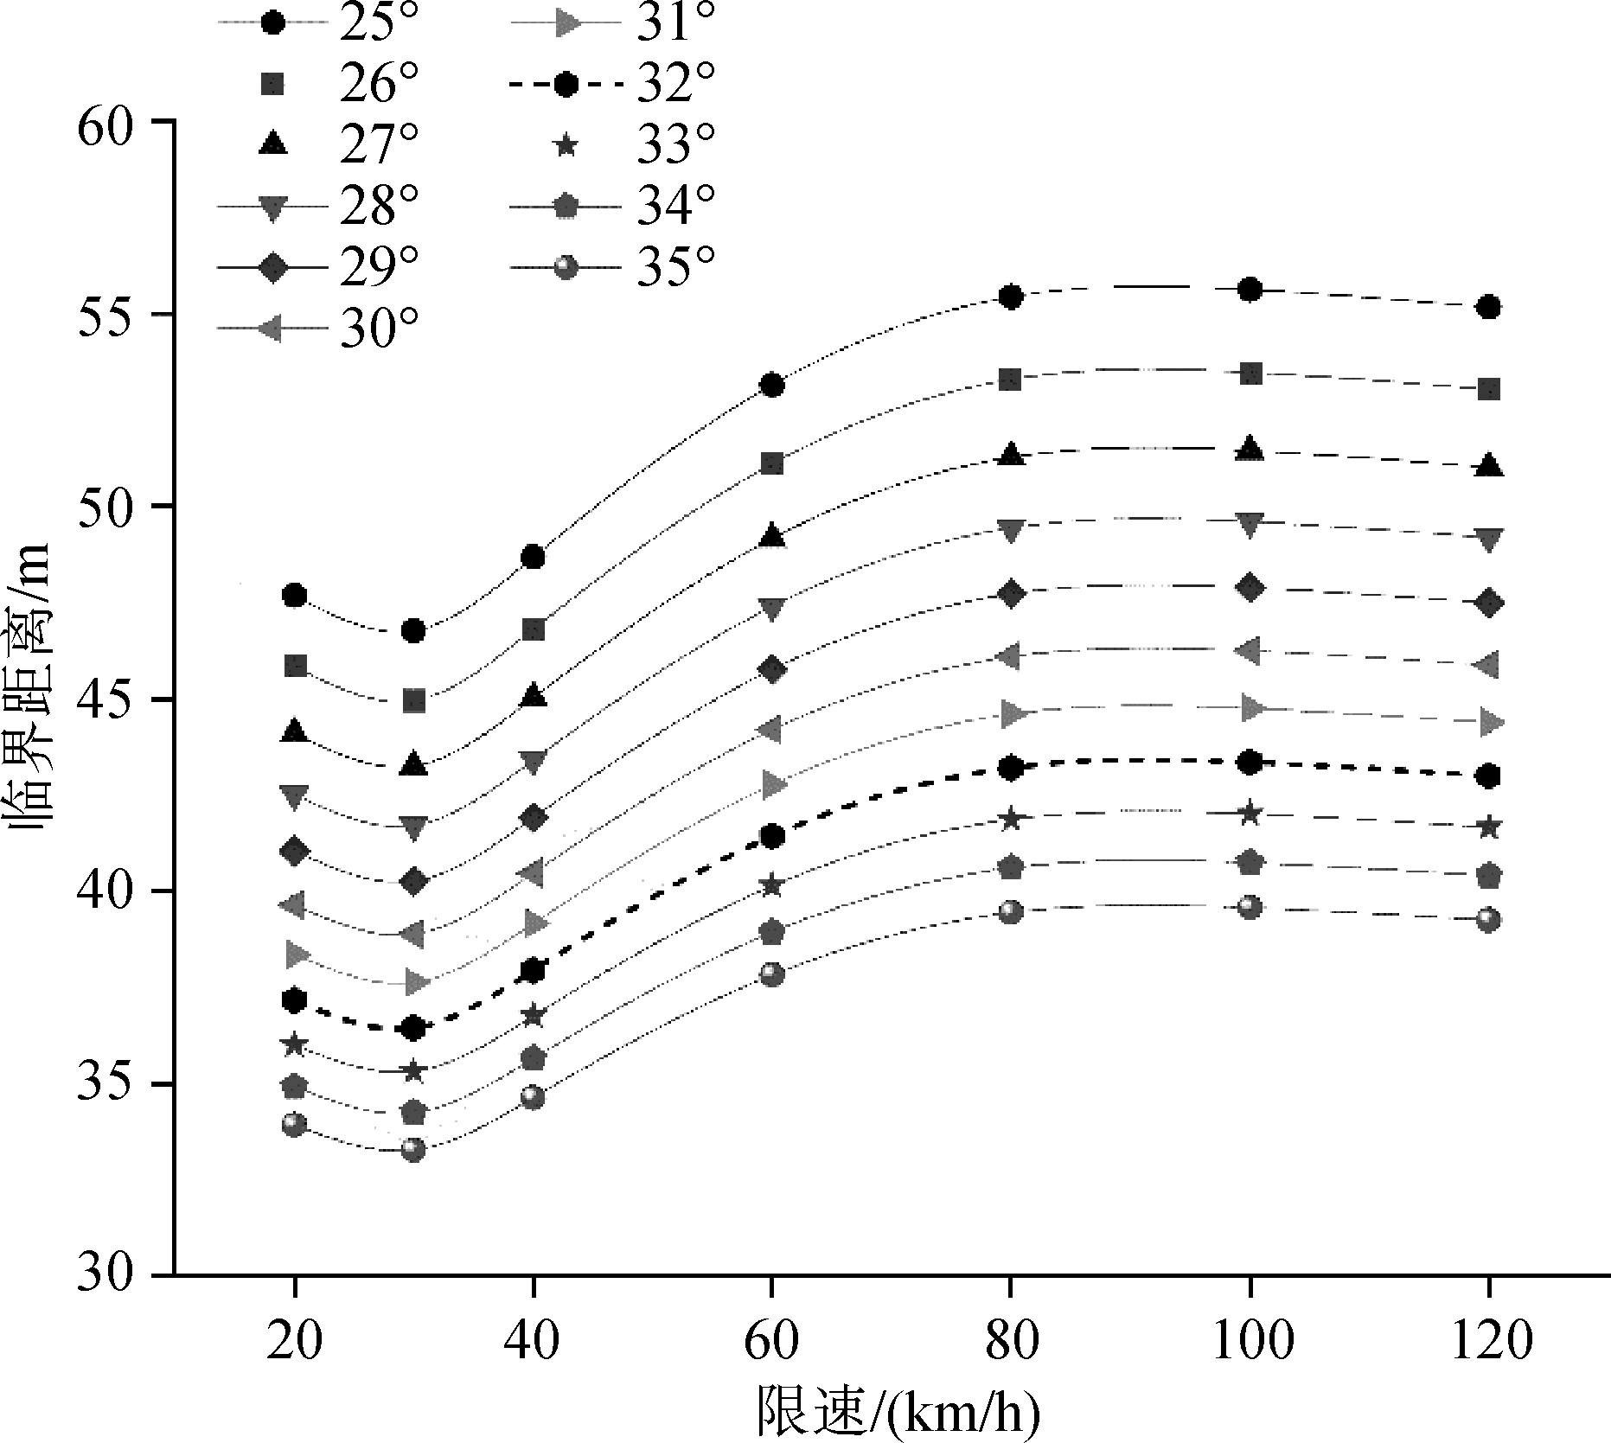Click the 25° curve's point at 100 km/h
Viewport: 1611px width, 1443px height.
tap(1250, 290)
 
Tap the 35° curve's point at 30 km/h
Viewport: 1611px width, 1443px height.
tap(413, 1150)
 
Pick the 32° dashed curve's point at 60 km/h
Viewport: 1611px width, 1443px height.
tap(772, 836)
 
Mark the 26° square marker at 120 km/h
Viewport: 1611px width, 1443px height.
tap(1488, 389)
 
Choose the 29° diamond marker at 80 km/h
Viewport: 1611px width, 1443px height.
tap(1011, 593)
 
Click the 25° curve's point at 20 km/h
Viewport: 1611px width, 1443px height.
tap(295, 595)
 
